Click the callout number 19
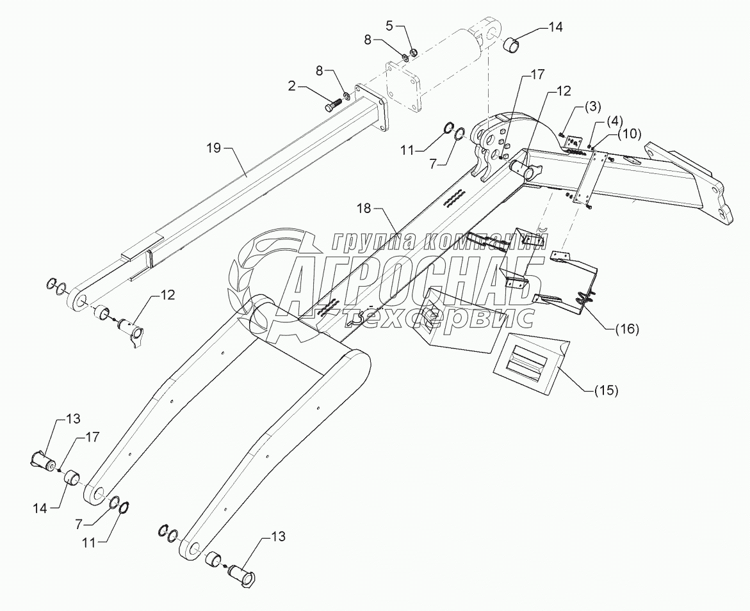(214, 148)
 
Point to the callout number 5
(389, 26)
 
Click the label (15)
(605, 390)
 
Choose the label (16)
(626, 329)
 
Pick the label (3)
(592, 107)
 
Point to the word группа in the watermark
(371, 242)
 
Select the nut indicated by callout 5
(414, 52)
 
